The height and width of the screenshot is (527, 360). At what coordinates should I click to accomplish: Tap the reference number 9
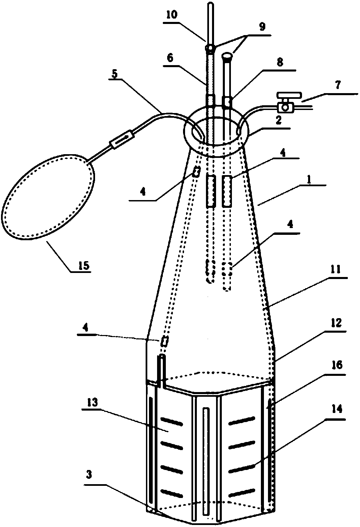pos(262,27)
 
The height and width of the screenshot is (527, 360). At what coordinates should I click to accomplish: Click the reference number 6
pos(171,58)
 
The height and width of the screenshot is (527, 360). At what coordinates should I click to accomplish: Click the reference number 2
pos(278,121)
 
